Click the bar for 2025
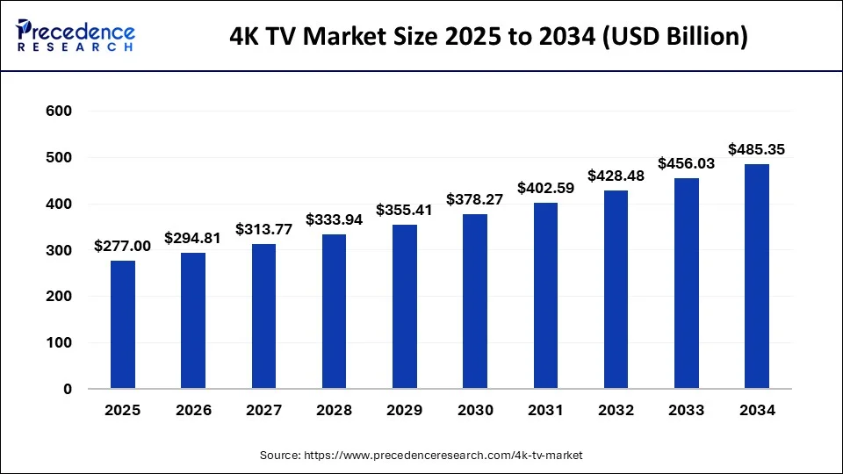[x=123, y=325]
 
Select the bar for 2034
[x=756, y=276]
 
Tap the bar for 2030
[x=474, y=301]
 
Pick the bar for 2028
[x=334, y=312]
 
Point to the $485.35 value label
[x=757, y=150]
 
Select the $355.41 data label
[x=405, y=211]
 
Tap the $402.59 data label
[x=546, y=188]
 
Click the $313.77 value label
[x=264, y=229]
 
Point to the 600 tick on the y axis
[x=58, y=111]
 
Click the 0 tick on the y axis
[x=67, y=389]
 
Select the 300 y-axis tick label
[x=58, y=250]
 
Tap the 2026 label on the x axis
[x=193, y=410]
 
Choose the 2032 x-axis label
[x=616, y=410]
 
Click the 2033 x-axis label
[x=686, y=410]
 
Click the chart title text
[x=488, y=38]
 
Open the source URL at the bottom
[x=421, y=456]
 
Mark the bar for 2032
[x=616, y=290]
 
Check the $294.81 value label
[x=193, y=238]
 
